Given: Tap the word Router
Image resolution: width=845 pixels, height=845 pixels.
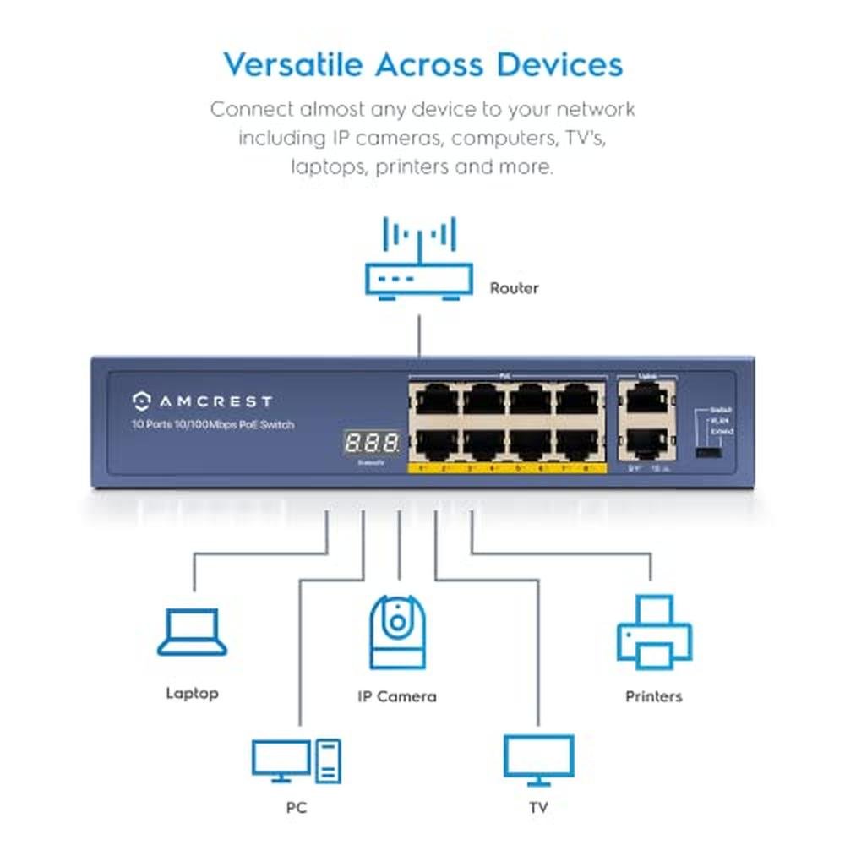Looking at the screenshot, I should point(514,288).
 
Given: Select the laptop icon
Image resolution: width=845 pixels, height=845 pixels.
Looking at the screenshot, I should point(193,633).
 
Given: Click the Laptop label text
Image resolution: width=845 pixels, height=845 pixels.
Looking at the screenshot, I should point(192,693).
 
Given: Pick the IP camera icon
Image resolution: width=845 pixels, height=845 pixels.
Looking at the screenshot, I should point(396,633).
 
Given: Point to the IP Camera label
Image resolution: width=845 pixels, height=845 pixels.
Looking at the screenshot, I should point(396,696).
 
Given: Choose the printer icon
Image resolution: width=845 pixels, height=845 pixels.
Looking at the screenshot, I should point(654,632).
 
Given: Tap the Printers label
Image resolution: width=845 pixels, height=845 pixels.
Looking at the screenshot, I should point(653,696).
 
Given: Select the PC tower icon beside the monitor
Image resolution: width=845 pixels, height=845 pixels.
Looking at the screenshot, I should point(329,760).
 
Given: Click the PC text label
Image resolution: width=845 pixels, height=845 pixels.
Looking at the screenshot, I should point(296,808).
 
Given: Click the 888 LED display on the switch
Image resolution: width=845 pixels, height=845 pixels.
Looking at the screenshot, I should point(371,442).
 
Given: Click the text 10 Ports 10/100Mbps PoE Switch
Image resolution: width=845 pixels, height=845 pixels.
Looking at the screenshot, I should point(213,424).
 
